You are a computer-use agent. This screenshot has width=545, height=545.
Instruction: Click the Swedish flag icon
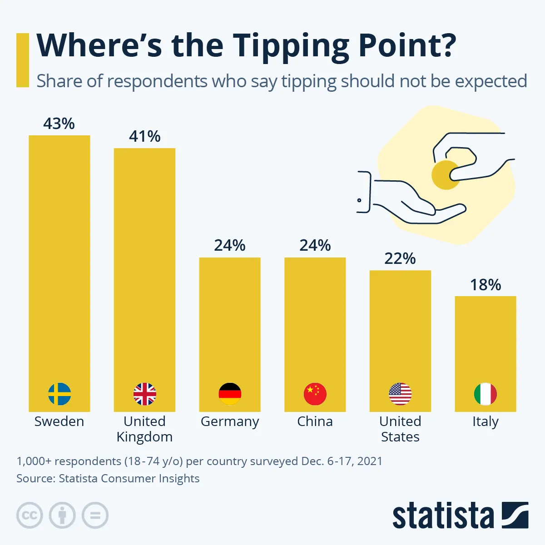coord(59,394)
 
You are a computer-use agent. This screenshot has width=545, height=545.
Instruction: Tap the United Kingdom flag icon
coord(144,394)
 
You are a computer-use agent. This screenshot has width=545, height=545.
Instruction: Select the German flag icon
coord(230,394)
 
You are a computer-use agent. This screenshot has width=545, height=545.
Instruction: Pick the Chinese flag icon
coord(315,394)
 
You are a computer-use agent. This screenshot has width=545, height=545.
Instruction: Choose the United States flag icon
coord(400,394)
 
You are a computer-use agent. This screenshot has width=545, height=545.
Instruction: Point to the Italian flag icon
coord(485,394)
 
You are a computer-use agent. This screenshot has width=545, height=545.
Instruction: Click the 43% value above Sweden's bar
coord(59,124)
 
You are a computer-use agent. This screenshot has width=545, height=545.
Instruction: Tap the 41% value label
coord(144,136)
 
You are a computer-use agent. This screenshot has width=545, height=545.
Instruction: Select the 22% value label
coord(400,258)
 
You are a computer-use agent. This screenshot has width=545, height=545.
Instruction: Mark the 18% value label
coord(486,285)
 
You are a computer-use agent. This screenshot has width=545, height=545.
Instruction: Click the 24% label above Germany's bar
coord(230,245)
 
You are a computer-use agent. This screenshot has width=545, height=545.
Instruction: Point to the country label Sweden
coord(59,421)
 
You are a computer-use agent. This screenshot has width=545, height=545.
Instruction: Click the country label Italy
coord(486,422)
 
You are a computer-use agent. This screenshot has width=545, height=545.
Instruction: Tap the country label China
coord(315,421)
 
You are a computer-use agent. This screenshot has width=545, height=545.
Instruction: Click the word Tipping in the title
coord(291,45)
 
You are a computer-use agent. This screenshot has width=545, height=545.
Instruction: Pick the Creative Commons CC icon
coord(30,515)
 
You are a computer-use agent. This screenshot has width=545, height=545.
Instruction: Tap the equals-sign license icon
coord(95,515)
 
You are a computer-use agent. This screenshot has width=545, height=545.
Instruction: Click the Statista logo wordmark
coord(443,516)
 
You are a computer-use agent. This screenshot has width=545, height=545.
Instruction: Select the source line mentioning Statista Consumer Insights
coord(108,478)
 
